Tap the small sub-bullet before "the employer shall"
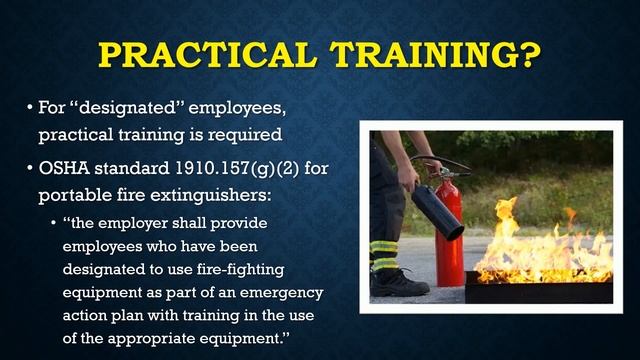coord(53,222)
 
